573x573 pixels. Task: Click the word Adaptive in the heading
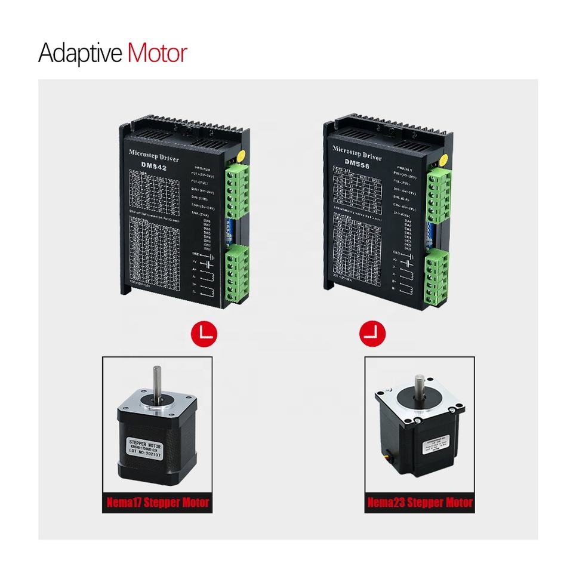80,54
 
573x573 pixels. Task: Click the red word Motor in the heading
157,53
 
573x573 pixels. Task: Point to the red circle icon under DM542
204,333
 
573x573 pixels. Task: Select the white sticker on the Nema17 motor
147,449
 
